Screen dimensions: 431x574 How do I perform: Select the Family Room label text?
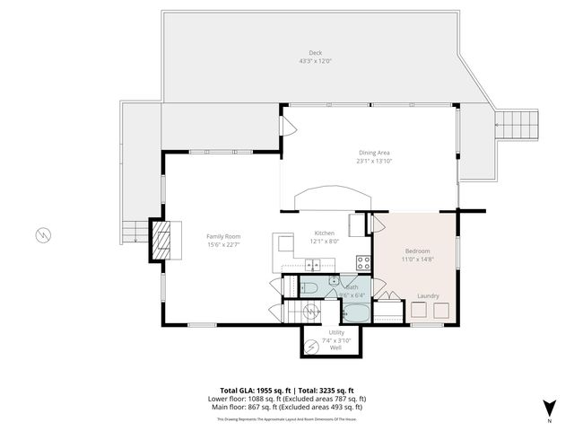[219, 235]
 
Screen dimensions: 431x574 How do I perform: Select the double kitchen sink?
[313, 264]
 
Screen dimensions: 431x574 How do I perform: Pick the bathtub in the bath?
[354, 312]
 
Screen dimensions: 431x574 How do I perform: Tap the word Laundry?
[428, 295]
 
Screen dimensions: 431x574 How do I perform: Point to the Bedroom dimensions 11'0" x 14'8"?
[417, 259]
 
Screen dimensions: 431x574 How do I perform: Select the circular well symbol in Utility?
[310, 312]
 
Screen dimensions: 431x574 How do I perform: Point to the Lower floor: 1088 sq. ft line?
[287, 399]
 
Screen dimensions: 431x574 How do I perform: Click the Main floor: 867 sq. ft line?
[287, 407]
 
